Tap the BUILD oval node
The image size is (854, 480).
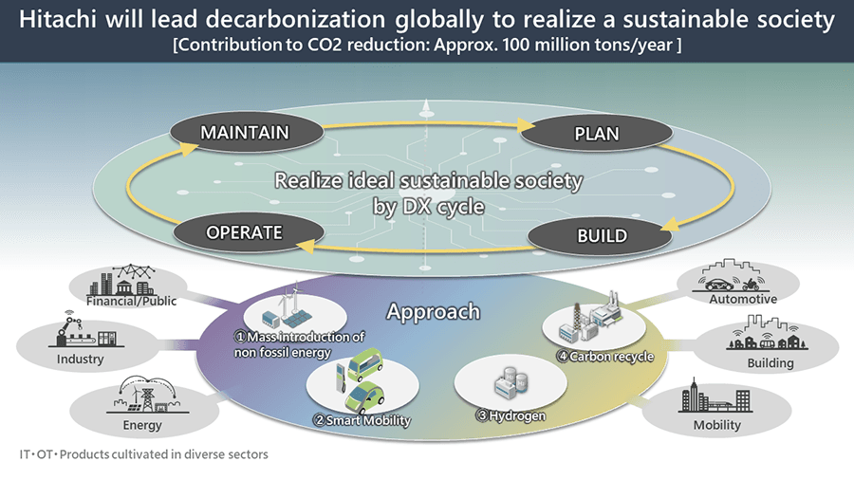click(602, 235)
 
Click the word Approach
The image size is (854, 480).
click(434, 311)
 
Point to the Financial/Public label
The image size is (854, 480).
click(144, 302)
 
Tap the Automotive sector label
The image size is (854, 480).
click(743, 299)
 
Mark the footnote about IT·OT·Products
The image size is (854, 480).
click(142, 454)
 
